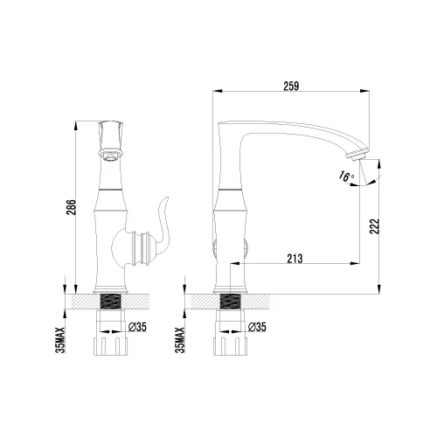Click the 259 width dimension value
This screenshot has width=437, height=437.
point(291,86)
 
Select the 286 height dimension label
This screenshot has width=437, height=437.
point(72,207)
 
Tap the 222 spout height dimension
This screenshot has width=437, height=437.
point(374,225)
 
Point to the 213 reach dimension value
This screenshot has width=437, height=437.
point(295,259)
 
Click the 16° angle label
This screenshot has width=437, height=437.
point(346,176)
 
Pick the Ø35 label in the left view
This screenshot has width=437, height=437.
point(137,327)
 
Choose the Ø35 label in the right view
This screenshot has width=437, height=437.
point(257,327)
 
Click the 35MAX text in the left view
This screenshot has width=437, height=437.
point(60,340)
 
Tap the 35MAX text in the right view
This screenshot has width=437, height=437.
point(180,340)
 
